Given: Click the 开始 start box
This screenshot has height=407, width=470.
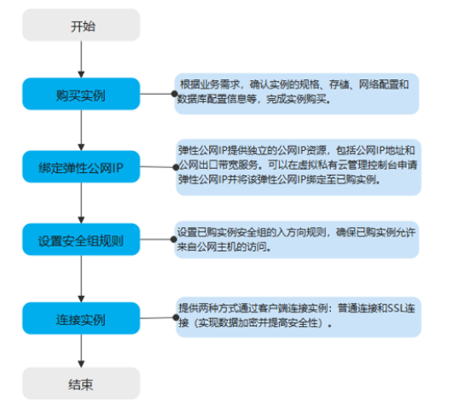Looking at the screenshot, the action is [81, 25].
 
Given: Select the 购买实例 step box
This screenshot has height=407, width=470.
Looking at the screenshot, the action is [81, 94].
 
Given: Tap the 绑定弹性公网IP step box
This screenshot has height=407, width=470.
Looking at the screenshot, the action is [81, 166].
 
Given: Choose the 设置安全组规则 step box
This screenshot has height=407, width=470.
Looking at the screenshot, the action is [81, 240].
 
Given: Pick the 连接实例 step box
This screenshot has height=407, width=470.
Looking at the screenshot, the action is [81, 318].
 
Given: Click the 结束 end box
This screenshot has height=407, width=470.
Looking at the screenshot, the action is [81, 383].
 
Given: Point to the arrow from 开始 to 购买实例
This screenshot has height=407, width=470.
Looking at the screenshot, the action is [81, 60].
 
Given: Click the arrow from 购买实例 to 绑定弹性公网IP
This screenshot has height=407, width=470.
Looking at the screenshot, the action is [81, 131].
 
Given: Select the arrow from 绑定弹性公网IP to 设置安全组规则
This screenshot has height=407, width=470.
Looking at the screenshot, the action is [81, 203].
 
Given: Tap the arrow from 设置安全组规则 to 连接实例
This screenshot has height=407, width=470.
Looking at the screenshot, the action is [81, 279].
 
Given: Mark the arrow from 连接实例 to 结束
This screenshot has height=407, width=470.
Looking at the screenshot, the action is [81, 351].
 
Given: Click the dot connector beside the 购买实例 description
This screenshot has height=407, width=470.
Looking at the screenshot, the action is [175, 94].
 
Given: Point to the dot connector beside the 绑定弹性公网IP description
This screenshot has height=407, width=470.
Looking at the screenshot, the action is [176, 167].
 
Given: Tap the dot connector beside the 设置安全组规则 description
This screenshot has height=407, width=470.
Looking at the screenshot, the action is [174, 240].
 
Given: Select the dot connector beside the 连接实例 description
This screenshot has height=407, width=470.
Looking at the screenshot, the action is [176, 317].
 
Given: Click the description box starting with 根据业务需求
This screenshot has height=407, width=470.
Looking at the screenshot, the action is [297, 94].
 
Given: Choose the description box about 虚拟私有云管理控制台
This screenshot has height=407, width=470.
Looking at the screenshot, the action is [299, 167].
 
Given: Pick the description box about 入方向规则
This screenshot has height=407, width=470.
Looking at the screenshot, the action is [297, 240].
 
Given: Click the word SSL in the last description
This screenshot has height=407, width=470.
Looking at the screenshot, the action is [397, 308].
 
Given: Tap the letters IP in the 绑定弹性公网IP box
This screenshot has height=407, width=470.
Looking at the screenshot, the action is [118, 168].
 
